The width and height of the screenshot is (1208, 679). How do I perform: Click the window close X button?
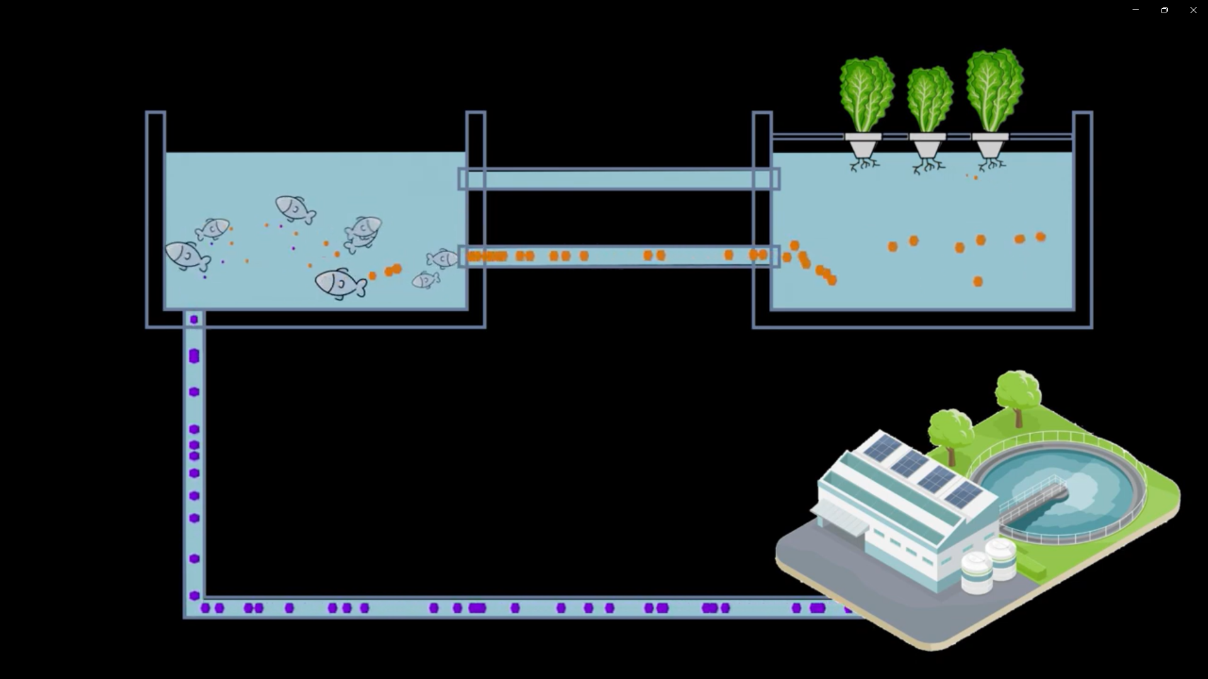[x=1193, y=10]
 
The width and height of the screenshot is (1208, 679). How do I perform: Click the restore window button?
[x=1164, y=10]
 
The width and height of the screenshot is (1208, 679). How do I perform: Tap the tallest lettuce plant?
[x=995, y=89]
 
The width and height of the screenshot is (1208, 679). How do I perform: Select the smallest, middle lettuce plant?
[x=929, y=99]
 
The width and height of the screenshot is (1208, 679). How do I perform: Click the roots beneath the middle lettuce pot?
[x=928, y=166]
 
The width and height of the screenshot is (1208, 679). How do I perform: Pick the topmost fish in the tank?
[x=294, y=208]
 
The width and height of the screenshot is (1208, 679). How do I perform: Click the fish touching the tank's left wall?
[x=186, y=255]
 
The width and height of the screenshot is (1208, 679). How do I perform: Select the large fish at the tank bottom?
[x=340, y=284]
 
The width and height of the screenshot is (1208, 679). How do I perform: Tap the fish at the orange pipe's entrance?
[x=442, y=258]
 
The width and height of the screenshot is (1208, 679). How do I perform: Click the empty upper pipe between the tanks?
[x=619, y=180]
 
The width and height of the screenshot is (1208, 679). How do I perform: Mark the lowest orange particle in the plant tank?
[x=978, y=282]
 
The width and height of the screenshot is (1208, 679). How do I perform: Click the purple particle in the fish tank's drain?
[x=194, y=319]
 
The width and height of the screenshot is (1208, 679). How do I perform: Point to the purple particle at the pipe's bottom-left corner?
[x=194, y=595]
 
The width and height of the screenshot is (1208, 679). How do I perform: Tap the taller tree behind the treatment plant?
[x=1018, y=393]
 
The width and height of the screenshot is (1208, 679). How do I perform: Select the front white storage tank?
[x=976, y=572]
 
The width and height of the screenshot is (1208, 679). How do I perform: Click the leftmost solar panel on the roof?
[x=882, y=448]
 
